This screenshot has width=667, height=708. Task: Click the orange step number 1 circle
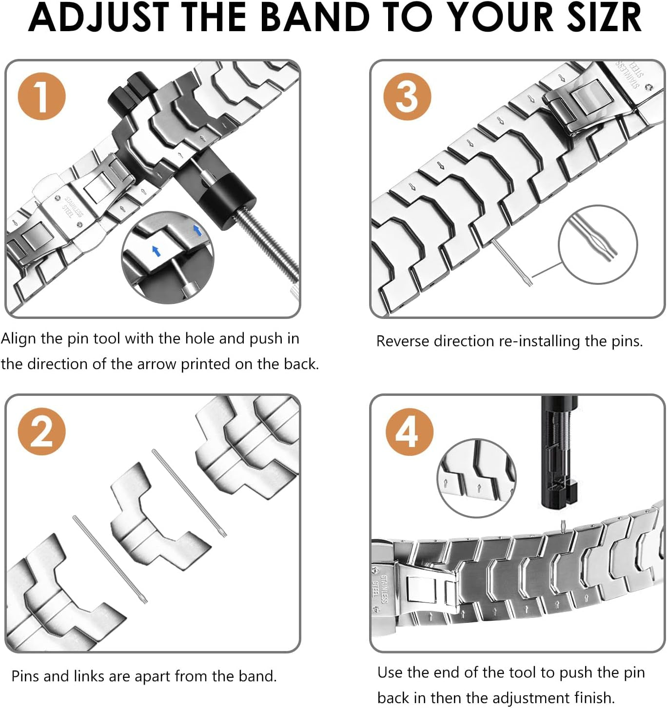tap(41, 96)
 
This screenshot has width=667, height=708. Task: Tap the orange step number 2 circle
tap(41, 431)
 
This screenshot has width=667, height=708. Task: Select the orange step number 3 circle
tap(407, 96)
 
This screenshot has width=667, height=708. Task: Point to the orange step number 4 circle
tap(409, 431)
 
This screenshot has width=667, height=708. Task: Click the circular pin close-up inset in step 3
tap(597, 244)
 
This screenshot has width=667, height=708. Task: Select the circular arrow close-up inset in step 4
tap(476, 478)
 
